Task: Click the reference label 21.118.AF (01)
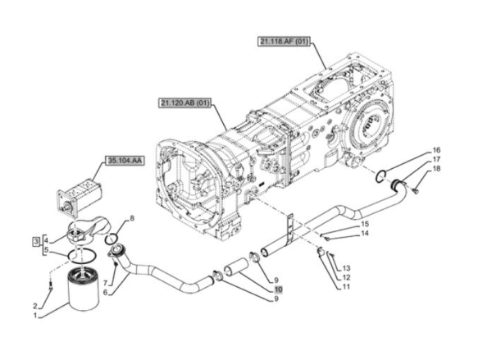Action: point(284,42)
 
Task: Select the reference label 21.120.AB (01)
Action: point(184,103)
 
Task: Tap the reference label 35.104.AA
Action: point(125,161)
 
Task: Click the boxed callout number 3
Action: point(37,241)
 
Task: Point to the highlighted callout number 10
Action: point(278,289)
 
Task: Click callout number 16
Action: point(436,150)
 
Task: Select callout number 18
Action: point(436,169)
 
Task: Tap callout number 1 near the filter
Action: point(35,316)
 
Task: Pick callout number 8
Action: point(132,218)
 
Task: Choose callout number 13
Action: point(346,268)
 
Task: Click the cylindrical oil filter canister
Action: point(84,288)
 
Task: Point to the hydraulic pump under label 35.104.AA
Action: point(80,197)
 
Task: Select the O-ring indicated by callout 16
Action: point(380,175)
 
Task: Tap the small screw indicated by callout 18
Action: point(416,190)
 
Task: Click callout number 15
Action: point(365,224)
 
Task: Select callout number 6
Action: point(105,293)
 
